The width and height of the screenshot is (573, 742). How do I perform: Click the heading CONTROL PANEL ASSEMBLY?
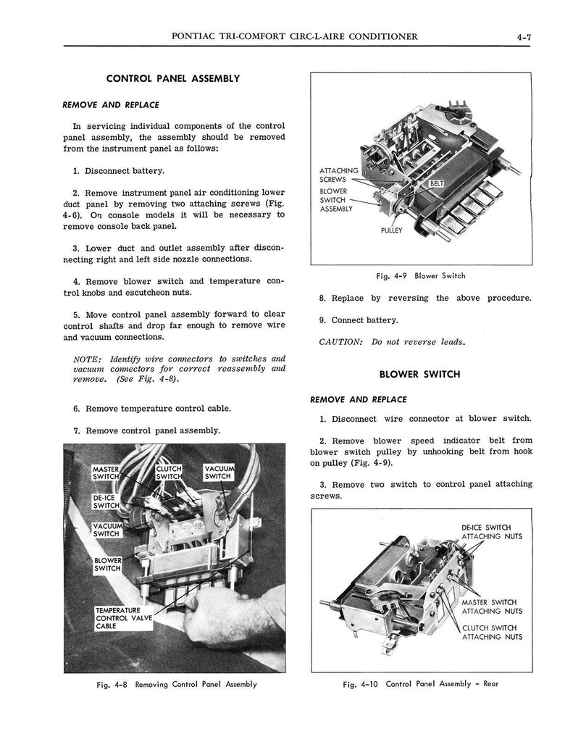[173, 78]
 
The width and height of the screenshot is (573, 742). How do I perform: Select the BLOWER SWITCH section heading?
[419, 375]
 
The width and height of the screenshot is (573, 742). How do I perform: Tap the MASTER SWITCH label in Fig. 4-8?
[106, 472]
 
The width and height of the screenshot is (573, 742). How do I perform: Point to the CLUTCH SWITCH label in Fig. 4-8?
[170, 472]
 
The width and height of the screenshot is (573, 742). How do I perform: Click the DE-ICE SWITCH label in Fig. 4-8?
[106, 501]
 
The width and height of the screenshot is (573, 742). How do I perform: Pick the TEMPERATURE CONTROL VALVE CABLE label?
[123, 618]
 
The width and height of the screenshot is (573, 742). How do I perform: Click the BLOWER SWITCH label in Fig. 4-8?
[107, 564]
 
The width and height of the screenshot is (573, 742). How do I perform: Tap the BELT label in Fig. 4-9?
[437, 184]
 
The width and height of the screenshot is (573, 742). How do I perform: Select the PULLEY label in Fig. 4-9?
[392, 231]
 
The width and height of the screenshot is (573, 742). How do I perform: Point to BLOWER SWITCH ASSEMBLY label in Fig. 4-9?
[336, 200]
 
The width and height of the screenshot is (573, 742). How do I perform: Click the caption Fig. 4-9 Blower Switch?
[420, 276]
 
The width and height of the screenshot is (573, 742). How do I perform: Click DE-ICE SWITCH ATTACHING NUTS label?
[492, 532]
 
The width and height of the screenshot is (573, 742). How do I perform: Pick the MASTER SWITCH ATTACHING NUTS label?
[492, 606]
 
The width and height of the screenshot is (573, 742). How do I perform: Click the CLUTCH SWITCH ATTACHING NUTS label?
[492, 632]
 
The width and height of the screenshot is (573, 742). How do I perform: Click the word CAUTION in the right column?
[340, 342]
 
